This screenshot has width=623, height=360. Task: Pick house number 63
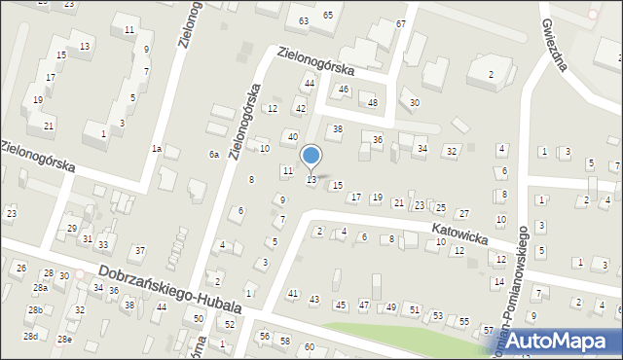[304, 20]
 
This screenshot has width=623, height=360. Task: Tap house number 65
[328, 15]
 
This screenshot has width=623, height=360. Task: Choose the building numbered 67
[401, 22]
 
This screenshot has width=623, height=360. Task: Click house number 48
[372, 103]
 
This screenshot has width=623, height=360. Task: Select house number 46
[343, 90]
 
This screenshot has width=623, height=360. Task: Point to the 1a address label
[156, 149]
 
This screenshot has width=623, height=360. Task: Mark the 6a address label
[213, 155]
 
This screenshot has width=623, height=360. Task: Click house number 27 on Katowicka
[464, 213]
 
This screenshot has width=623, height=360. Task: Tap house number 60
[310, 347]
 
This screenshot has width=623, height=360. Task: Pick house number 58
[285, 341]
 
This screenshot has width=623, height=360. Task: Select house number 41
[293, 293]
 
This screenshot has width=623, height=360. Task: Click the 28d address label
[31, 336]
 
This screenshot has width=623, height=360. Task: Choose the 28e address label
[64, 339]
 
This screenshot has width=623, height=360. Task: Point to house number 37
[140, 251]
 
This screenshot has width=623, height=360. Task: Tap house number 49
[390, 307]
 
